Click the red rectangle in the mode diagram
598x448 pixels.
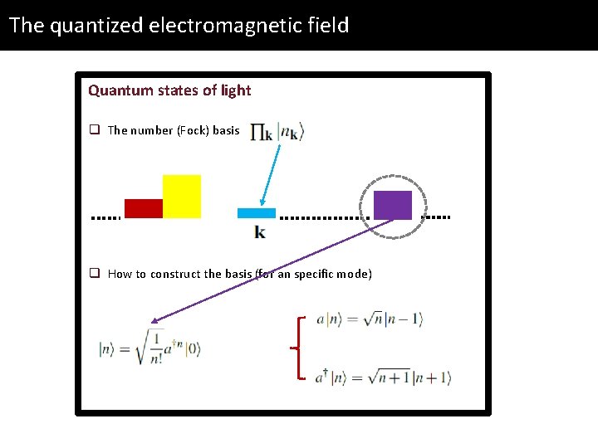(x=143, y=208)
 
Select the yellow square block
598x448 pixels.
(x=182, y=196)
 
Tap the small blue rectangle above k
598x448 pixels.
(x=256, y=213)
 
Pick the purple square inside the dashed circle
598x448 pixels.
(x=393, y=205)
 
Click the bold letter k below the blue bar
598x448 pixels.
(x=260, y=232)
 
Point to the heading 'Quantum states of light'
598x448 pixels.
(x=169, y=90)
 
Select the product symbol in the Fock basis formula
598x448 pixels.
(x=262, y=133)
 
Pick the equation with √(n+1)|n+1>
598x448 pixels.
(x=382, y=378)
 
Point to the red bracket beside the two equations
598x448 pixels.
(x=299, y=348)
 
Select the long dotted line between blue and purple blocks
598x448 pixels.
(x=325, y=218)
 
